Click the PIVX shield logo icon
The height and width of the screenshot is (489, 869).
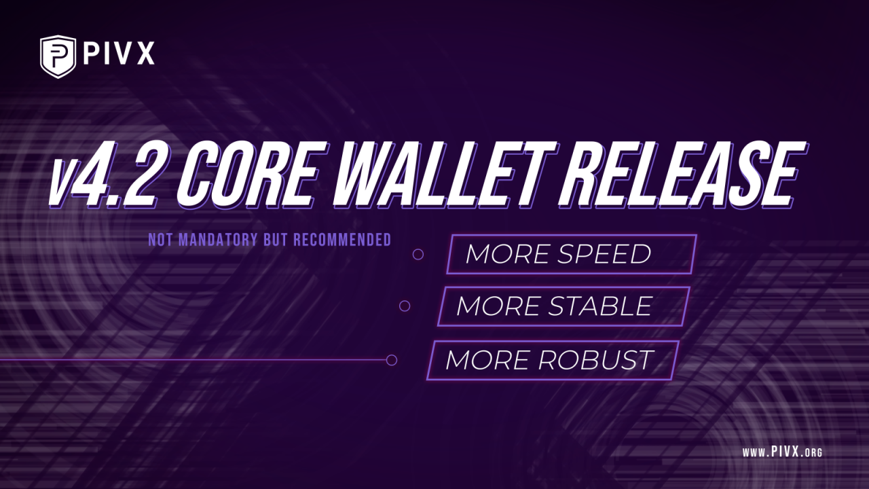click(58, 56)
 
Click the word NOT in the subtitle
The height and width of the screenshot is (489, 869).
click(160, 240)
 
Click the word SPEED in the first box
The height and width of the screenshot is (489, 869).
click(604, 254)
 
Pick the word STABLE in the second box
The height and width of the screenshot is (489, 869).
click(600, 306)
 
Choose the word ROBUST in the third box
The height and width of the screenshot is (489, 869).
click(596, 360)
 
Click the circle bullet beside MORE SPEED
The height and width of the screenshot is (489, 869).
click(418, 254)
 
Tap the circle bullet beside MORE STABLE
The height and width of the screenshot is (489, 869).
click(405, 306)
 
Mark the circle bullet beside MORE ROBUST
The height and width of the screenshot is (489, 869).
click(391, 360)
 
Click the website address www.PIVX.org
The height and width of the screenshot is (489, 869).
click(782, 452)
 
